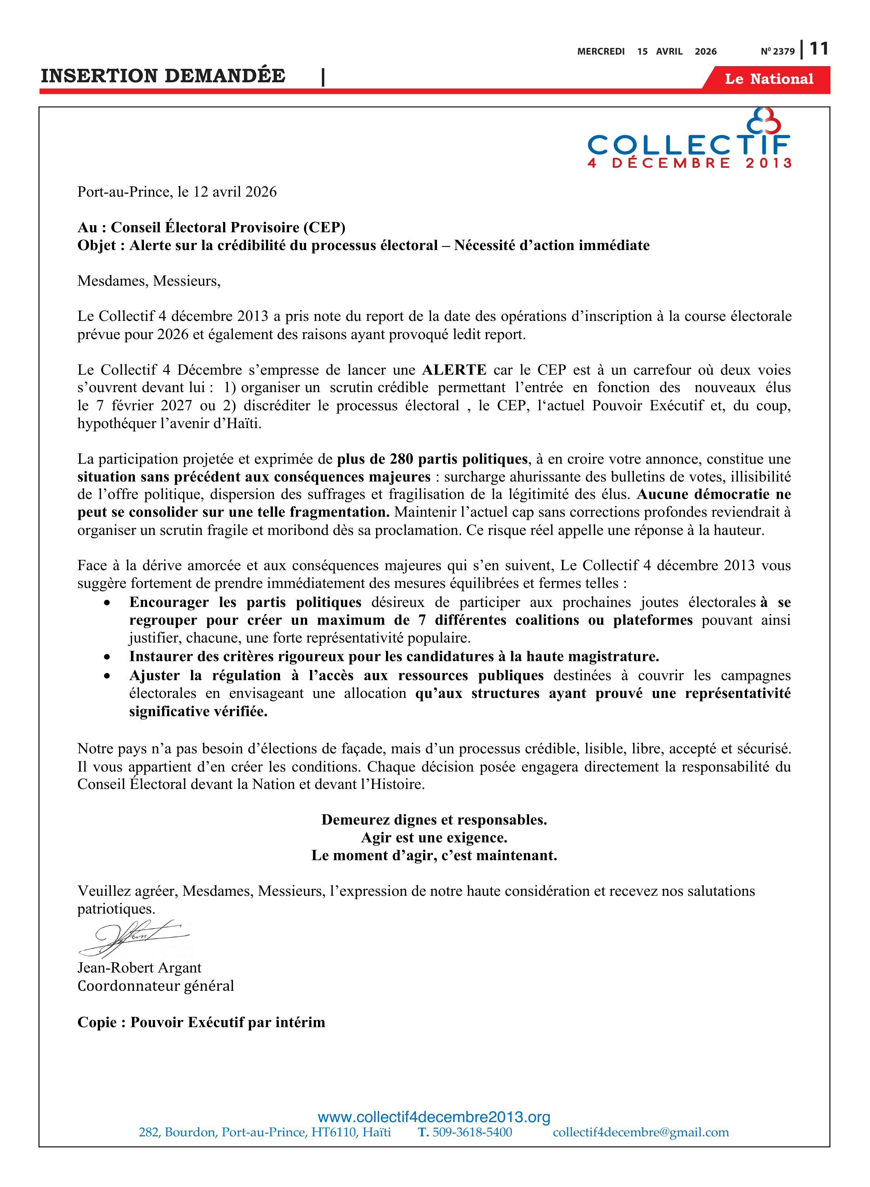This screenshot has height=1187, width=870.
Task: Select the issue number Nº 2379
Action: pos(777,51)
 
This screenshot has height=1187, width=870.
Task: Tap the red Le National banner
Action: pos(768,79)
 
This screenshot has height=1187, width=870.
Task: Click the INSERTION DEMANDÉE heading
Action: pos(163,76)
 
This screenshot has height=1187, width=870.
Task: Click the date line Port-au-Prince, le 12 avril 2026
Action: pos(177,192)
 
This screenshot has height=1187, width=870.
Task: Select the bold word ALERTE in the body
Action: pos(454,370)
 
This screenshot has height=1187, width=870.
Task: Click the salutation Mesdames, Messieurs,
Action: pos(149,281)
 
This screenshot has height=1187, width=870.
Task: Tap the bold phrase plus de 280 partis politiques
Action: pos(432,459)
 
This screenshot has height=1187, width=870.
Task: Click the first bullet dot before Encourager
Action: pos(108,603)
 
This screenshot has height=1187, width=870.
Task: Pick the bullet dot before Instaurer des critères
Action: pos(108,657)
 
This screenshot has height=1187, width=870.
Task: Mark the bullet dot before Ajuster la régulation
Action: pos(108,676)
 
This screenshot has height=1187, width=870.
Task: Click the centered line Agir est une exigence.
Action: pos(434,838)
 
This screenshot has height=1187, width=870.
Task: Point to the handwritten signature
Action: pos(134,938)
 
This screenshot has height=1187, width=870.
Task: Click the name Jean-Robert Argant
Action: pos(139,968)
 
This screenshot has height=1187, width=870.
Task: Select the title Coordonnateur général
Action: pos(155,986)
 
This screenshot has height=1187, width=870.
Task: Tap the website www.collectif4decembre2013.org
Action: pos(434,1117)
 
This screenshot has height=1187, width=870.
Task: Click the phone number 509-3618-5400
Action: pos(472,1132)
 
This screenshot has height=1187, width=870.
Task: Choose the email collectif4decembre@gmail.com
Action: pos(640,1132)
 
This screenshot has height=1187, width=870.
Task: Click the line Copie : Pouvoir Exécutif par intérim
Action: pos(201,1022)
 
